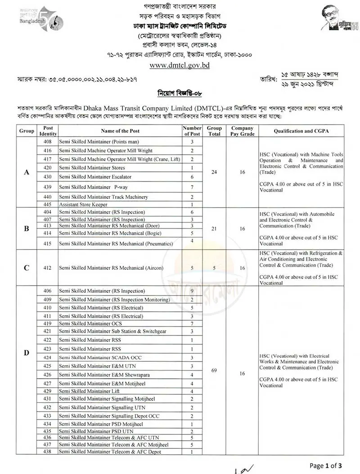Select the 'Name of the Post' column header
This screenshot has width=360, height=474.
[120, 131]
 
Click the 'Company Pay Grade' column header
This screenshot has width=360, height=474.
[242, 131]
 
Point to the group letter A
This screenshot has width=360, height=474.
[27, 172]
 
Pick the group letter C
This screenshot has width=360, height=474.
[27, 268]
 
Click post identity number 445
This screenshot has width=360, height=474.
[48, 204]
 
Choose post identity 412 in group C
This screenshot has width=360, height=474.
[48, 268]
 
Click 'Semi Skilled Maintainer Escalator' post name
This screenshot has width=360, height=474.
[95, 176]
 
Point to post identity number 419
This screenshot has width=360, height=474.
[48, 323]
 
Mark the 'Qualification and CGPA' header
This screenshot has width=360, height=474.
[301, 131]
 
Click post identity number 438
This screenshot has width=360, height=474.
[48, 452]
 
